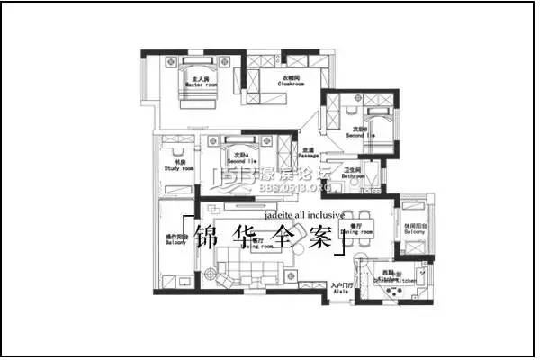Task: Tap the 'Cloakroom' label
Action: pyautogui.click(x=290, y=84)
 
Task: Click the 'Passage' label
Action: pyautogui.click(x=309, y=154)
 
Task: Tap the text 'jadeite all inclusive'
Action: pyautogui.click(x=304, y=216)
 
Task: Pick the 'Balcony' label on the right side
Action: pyautogui.click(x=414, y=231)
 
